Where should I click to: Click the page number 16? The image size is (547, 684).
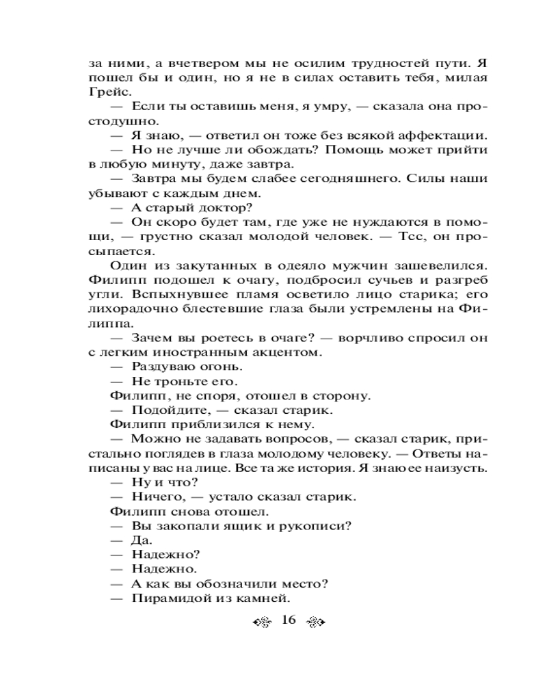click(x=287, y=621)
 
